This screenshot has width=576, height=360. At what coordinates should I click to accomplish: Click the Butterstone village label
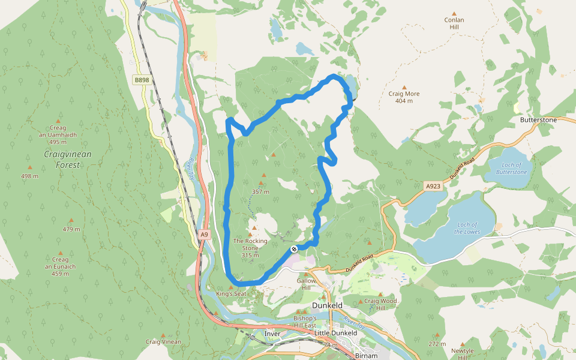click(x=538, y=120)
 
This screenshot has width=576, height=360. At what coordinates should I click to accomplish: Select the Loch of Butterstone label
click(x=511, y=169)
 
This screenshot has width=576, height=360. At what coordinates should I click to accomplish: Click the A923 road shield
click(x=433, y=186)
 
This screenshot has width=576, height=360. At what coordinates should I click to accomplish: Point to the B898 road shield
click(x=142, y=80)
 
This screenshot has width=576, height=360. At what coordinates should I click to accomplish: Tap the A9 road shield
click(x=205, y=235)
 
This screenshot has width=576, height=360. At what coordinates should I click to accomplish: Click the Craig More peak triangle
click(x=404, y=87)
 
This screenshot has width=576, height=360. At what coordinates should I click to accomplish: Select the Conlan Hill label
click(x=454, y=23)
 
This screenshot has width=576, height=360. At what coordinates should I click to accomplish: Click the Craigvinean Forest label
click(x=68, y=159)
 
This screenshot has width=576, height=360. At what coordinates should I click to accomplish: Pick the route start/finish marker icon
click(x=294, y=249)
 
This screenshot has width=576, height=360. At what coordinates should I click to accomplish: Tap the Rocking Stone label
click(x=250, y=244)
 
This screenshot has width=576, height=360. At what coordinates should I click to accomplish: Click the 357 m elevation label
click(x=260, y=192)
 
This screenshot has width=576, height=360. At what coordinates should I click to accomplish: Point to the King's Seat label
click(x=231, y=294)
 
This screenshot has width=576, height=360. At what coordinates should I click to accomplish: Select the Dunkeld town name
click(x=328, y=305)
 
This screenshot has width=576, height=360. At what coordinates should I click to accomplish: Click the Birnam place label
click(x=366, y=355)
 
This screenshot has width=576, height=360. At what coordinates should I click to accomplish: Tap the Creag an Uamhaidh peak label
click(x=58, y=135)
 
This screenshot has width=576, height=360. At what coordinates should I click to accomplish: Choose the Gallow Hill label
click(x=306, y=284)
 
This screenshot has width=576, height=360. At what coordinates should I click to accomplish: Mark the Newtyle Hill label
click(x=462, y=353)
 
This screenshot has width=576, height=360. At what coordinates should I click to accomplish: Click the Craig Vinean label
click(x=163, y=341)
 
